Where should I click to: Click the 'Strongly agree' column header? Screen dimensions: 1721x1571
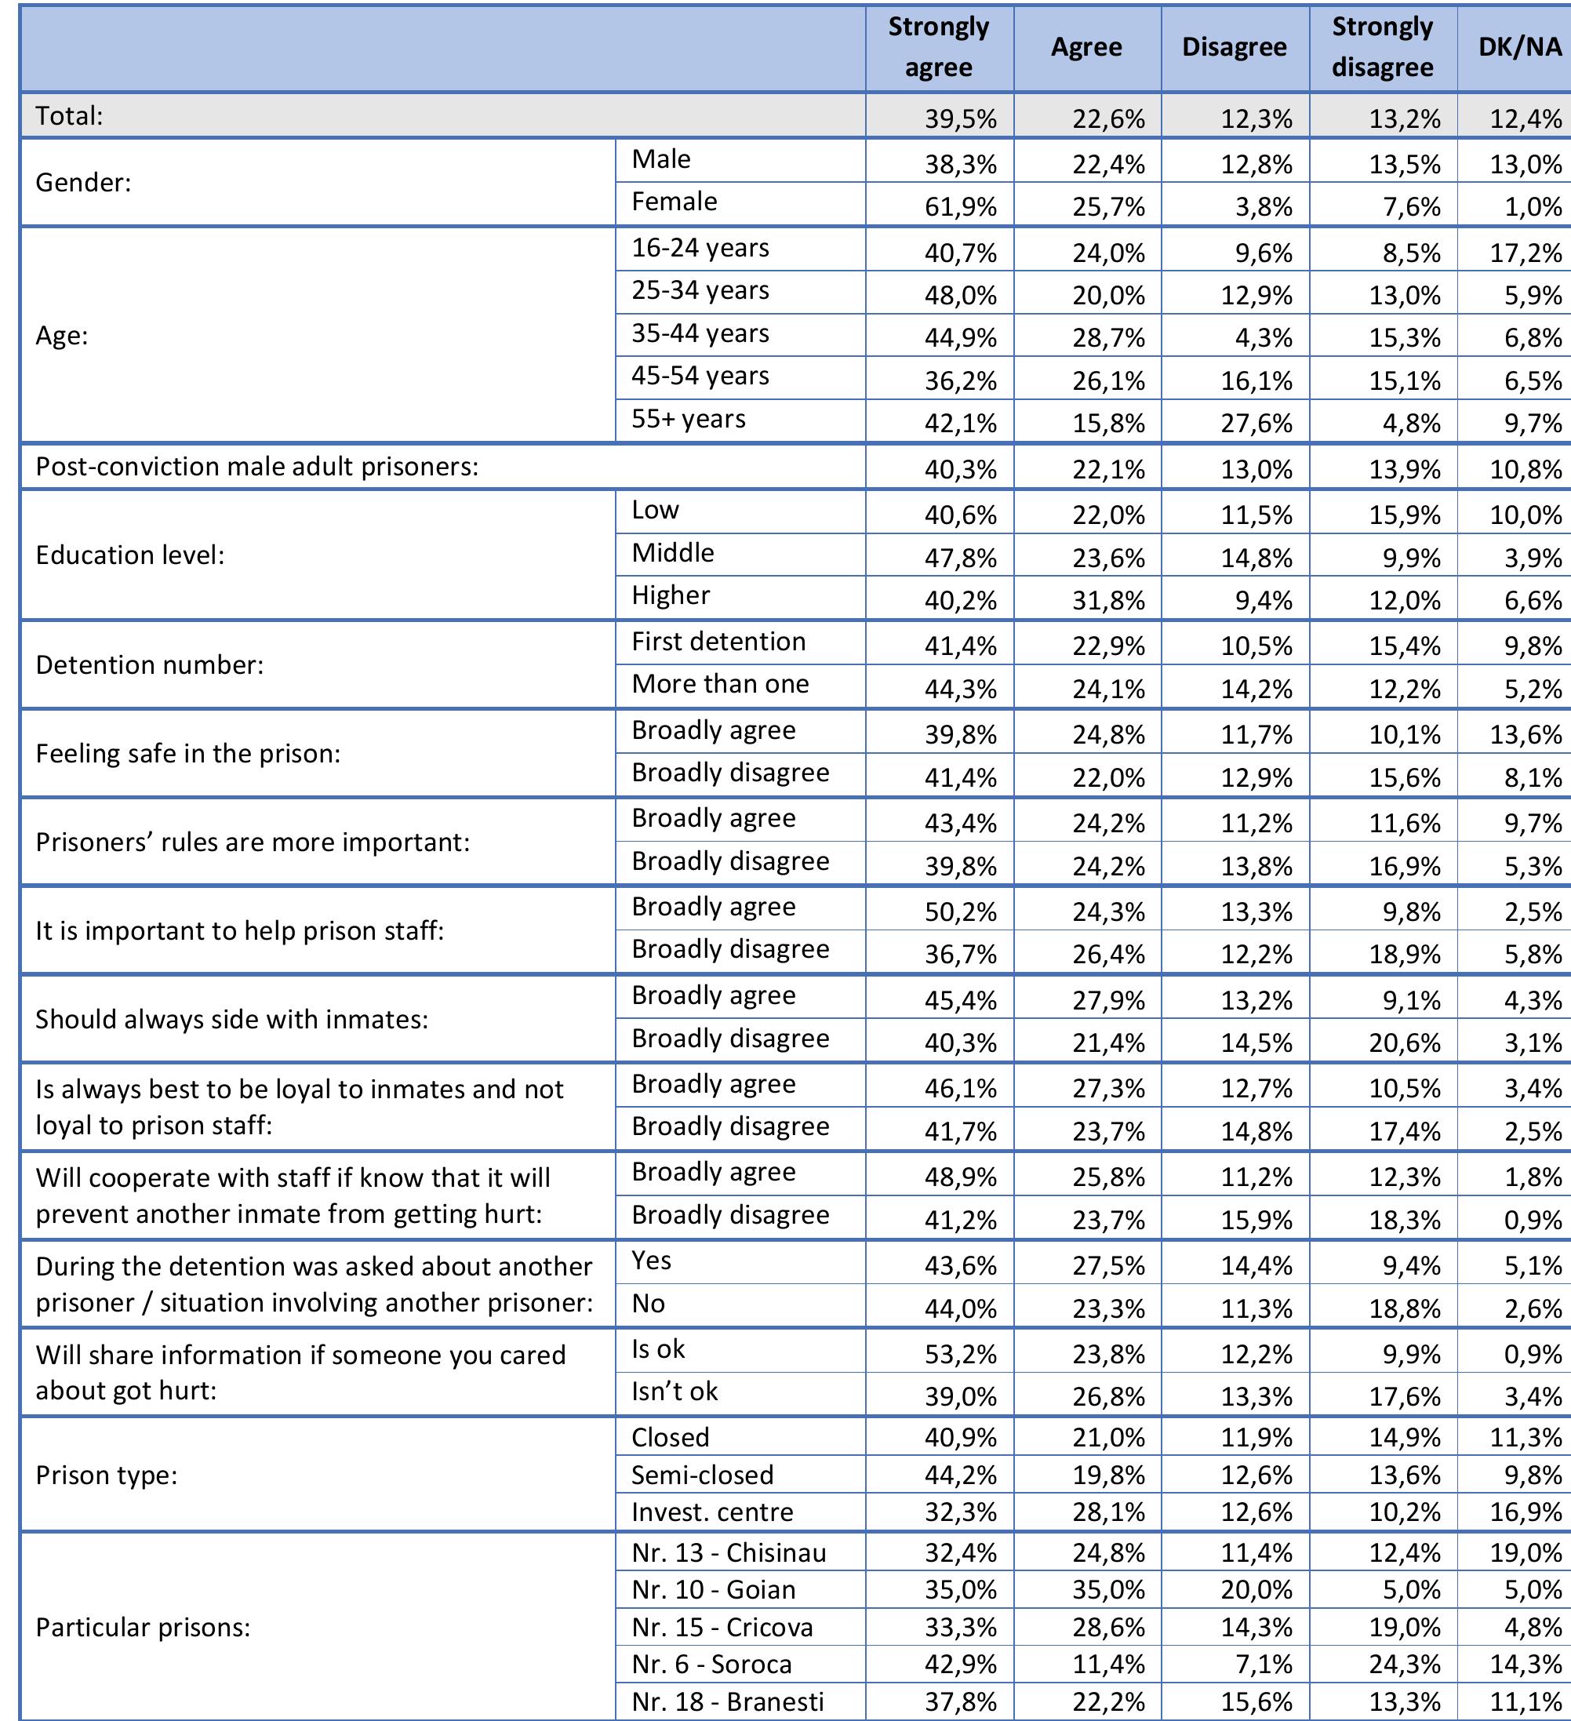938,47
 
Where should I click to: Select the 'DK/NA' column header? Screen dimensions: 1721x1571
1520,47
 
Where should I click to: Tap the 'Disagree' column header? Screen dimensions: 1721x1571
1234,47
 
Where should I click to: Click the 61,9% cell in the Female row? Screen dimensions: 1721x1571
961,206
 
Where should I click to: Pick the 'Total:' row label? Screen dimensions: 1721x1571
69,116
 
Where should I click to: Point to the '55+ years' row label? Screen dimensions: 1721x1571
688,419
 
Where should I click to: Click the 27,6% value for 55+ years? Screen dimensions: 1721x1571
1256,424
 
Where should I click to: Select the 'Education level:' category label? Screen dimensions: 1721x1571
129,555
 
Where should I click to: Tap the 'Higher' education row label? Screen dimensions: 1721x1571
671,596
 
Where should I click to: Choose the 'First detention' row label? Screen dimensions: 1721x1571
718,642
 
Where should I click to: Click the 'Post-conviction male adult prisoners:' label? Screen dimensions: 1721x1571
257,467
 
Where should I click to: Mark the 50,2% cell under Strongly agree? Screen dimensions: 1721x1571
961,911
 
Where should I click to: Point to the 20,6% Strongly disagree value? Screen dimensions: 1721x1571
1405,1042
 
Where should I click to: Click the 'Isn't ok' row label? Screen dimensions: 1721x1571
675,1392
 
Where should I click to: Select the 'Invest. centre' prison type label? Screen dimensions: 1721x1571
712,1512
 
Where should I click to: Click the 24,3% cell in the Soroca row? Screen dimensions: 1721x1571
1405,1665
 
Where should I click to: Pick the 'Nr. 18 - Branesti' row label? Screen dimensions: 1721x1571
727,1701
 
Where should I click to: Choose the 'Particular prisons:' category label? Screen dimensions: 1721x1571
143,1627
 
